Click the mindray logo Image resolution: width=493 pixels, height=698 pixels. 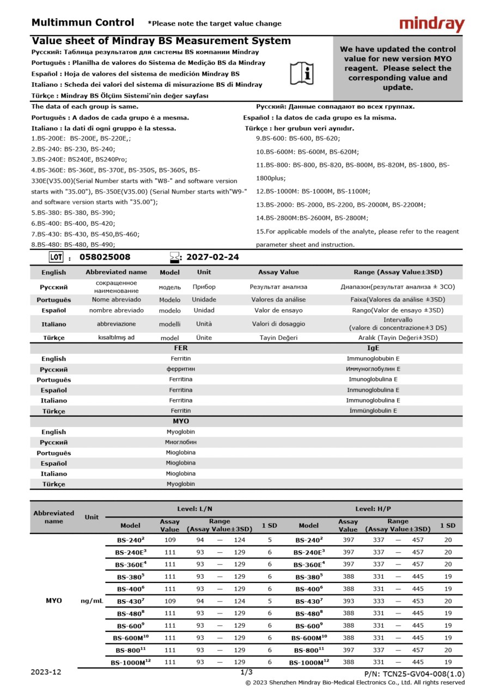pos(431,24)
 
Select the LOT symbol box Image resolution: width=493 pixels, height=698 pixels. pos(56,257)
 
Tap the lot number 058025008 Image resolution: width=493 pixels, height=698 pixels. pos(105,257)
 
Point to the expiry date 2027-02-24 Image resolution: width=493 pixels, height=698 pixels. pos(212,257)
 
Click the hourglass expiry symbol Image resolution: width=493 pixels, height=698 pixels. pos(174,257)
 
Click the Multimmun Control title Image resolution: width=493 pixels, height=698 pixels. pos(82,23)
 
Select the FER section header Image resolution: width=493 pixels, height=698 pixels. pos(180,348)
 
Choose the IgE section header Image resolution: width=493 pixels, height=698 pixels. pos(373,348)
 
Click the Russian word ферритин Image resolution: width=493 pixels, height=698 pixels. pos(180,369)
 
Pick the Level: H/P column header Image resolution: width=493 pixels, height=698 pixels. pos(373,509)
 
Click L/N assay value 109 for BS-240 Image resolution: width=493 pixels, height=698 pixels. pos(170,540)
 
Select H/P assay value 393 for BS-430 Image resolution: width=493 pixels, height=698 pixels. pos(348,601)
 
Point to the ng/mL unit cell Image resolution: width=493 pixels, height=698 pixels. pos(92,601)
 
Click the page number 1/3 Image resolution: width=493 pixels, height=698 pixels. pos(246,672)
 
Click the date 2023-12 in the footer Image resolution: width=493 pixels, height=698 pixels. pos(46,672)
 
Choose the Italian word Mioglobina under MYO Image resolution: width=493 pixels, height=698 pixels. pos(180,473)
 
